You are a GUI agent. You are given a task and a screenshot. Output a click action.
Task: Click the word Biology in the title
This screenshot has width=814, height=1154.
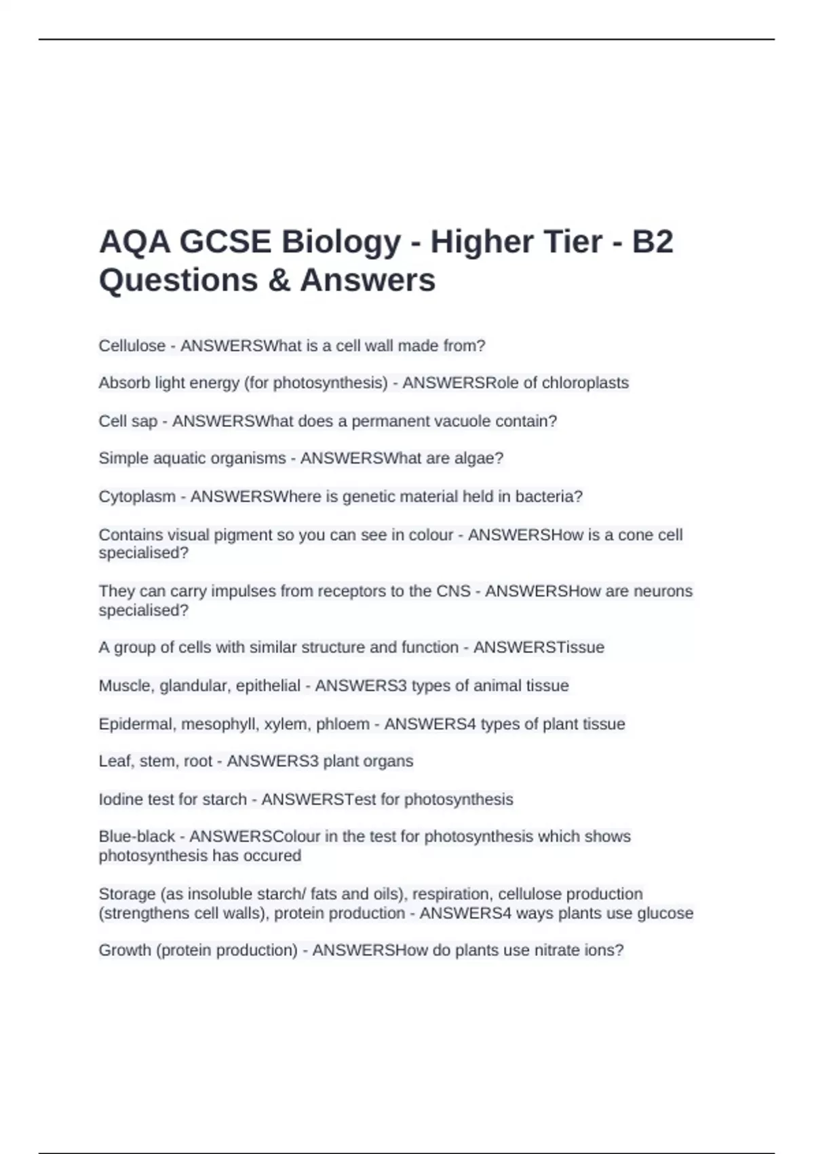pyautogui.click(x=341, y=242)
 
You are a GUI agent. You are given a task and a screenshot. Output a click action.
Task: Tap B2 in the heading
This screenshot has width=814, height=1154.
pyautogui.click(x=653, y=242)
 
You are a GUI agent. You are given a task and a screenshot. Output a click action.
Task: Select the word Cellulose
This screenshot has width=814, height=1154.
pyautogui.click(x=132, y=346)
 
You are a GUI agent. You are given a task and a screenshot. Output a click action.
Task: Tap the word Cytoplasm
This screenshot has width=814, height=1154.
pyautogui.click(x=137, y=496)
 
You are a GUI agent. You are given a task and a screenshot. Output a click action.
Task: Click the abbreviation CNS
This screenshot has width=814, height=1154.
pyautogui.click(x=453, y=591)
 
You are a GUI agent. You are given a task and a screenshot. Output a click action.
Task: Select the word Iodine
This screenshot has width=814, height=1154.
pyautogui.click(x=121, y=799)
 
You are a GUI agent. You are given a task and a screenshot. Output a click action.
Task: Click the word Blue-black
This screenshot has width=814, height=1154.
pyautogui.click(x=137, y=836)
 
